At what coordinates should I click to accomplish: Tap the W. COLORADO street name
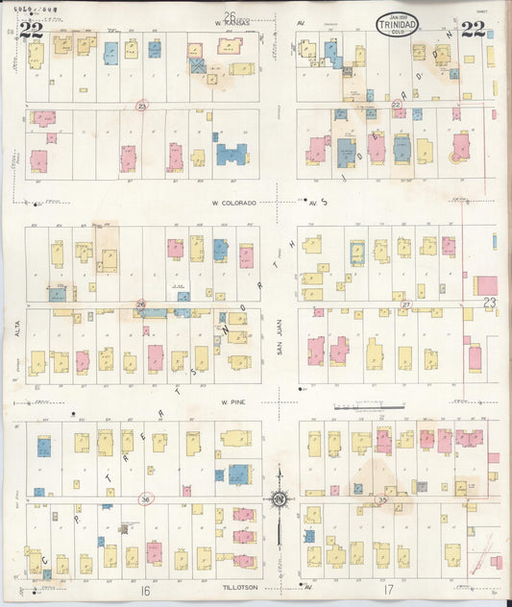236,203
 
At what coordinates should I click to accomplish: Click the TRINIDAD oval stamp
397,22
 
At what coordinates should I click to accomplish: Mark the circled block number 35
381,500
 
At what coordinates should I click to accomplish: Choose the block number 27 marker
405,304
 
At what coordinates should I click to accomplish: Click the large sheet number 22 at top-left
31,29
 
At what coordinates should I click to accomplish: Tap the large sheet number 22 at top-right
473,28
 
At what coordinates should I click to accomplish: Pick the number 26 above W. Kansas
230,15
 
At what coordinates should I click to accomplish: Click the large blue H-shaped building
231,154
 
